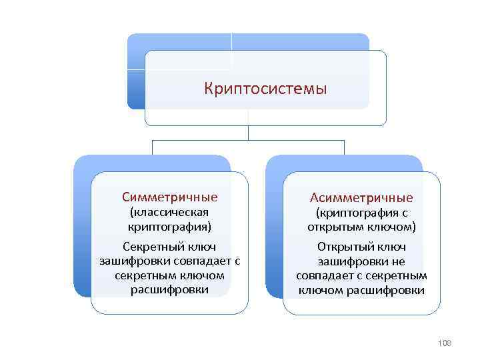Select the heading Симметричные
pyautogui.click(x=169, y=197)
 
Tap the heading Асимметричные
pyautogui.click(x=361, y=198)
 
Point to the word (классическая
pyautogui.click(x=169, y=213)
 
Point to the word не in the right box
pyautogui.click(x=399, y=261)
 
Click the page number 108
pyautogui.click(x=444, y=343)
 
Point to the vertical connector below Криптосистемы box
pyautogui.click(x=248, y=133)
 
